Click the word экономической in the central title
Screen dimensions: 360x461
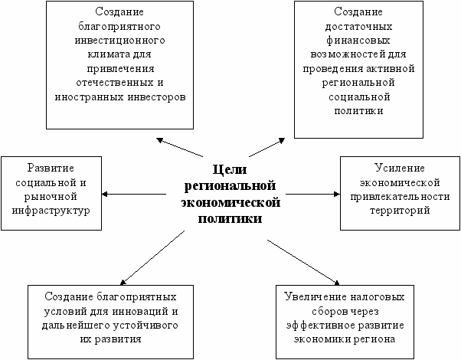[x=230, y=201]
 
